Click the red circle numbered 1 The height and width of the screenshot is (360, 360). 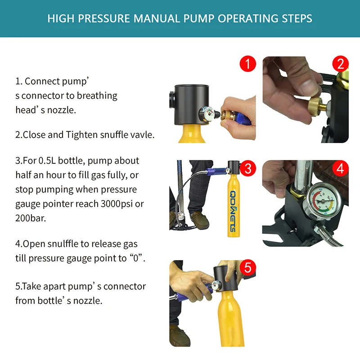pyautogui.click(x=248, y=63)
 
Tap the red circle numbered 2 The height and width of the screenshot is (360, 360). pyautogui.click(x=341, y=63)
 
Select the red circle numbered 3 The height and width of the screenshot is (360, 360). pyautogui.click(x=248, y=168)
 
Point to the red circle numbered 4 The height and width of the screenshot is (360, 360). pyautogui.click(x=341, y=168)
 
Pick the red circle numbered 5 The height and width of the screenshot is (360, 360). pyautogui.click(x=248, y=268)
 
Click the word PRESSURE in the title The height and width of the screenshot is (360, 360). pyautogui.click(x=104, y=18)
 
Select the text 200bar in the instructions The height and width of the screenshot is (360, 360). pyautogui.click(x=30, y=218)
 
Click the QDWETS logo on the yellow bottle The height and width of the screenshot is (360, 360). pyautogui.click(x=233, y=211)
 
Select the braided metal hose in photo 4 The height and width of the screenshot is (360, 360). pyautogui.click(x=328, y=237)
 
